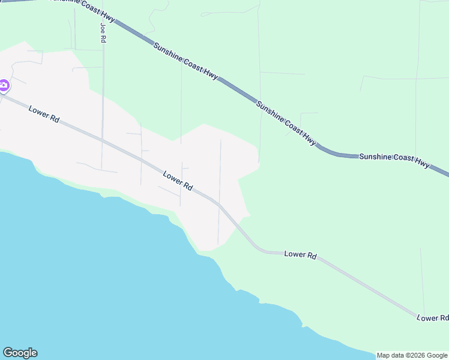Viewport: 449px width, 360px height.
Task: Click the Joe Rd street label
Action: [103, 32]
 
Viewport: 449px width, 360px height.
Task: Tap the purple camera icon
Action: [4, 86]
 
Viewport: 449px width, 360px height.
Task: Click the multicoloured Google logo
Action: [20, 353]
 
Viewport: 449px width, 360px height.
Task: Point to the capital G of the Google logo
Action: [8, 353]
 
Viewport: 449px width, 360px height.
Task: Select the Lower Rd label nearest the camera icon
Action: [44, 113]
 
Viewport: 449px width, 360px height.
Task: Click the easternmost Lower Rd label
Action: [432, 317]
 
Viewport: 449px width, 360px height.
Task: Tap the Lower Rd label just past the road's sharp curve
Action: [300, 254]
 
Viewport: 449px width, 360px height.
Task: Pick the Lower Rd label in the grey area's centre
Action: [178, 181]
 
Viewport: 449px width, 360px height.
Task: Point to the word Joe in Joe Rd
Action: [103, 28]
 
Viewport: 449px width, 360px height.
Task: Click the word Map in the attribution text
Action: [384, 355]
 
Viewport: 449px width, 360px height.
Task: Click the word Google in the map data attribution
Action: [438, 355]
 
